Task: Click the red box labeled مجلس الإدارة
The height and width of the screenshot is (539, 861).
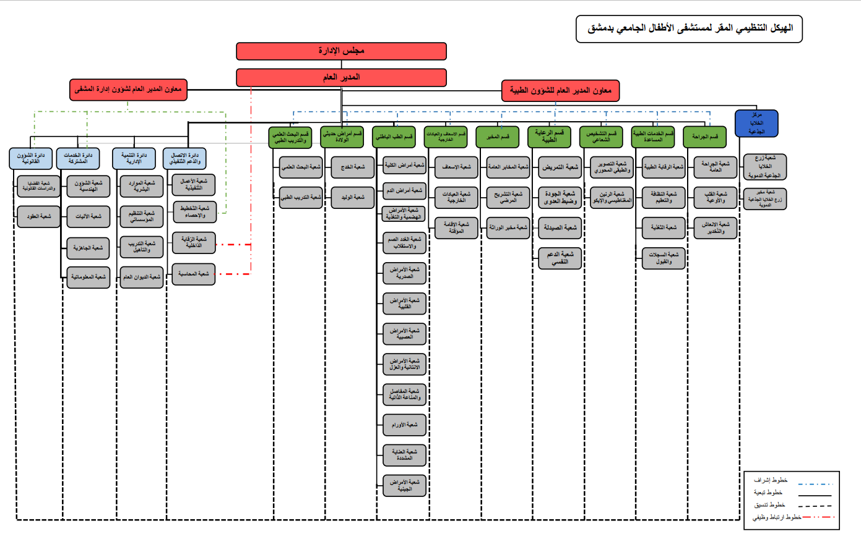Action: tap(341, 51)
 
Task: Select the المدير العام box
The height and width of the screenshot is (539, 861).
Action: tap(341, 77)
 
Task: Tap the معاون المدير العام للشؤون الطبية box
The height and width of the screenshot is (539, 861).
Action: tap(560, 91)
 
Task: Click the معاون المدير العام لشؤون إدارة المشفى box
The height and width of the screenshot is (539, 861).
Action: tap(128, 90)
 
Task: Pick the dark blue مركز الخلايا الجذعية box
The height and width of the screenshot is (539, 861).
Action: tap(756, 123)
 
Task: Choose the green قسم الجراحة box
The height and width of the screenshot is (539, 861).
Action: tap(704, 137)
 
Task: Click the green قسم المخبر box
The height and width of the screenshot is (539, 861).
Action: tap(497, 137)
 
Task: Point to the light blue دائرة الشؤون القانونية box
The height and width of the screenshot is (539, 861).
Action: tap(30, 158)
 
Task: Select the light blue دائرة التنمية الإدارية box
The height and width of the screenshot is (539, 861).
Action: tap(134, 158)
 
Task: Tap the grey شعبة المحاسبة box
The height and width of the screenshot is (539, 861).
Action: tap(193, 274)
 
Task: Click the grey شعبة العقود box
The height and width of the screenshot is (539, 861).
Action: tap(38, 216)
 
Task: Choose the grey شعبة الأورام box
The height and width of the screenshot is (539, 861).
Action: tap(404, 425)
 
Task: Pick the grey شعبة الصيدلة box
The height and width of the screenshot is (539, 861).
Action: tap(560, 227)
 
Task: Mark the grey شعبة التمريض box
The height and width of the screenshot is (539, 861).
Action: tap(560, 167)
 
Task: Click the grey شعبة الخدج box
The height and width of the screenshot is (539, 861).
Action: tap(353, 167)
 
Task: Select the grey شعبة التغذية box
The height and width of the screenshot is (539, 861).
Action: tap(664, 227)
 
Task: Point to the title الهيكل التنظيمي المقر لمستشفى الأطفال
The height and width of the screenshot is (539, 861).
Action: tap(689, 28)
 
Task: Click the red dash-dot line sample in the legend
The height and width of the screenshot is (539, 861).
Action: tap(818, 517)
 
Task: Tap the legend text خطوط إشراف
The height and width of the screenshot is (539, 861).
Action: tap(771, 480)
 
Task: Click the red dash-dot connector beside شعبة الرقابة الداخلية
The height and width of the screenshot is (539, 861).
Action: tap(233, 245)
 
